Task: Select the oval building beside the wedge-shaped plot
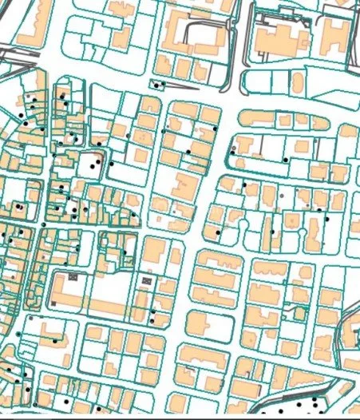point(297,80)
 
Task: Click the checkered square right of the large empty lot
point(145,280)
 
